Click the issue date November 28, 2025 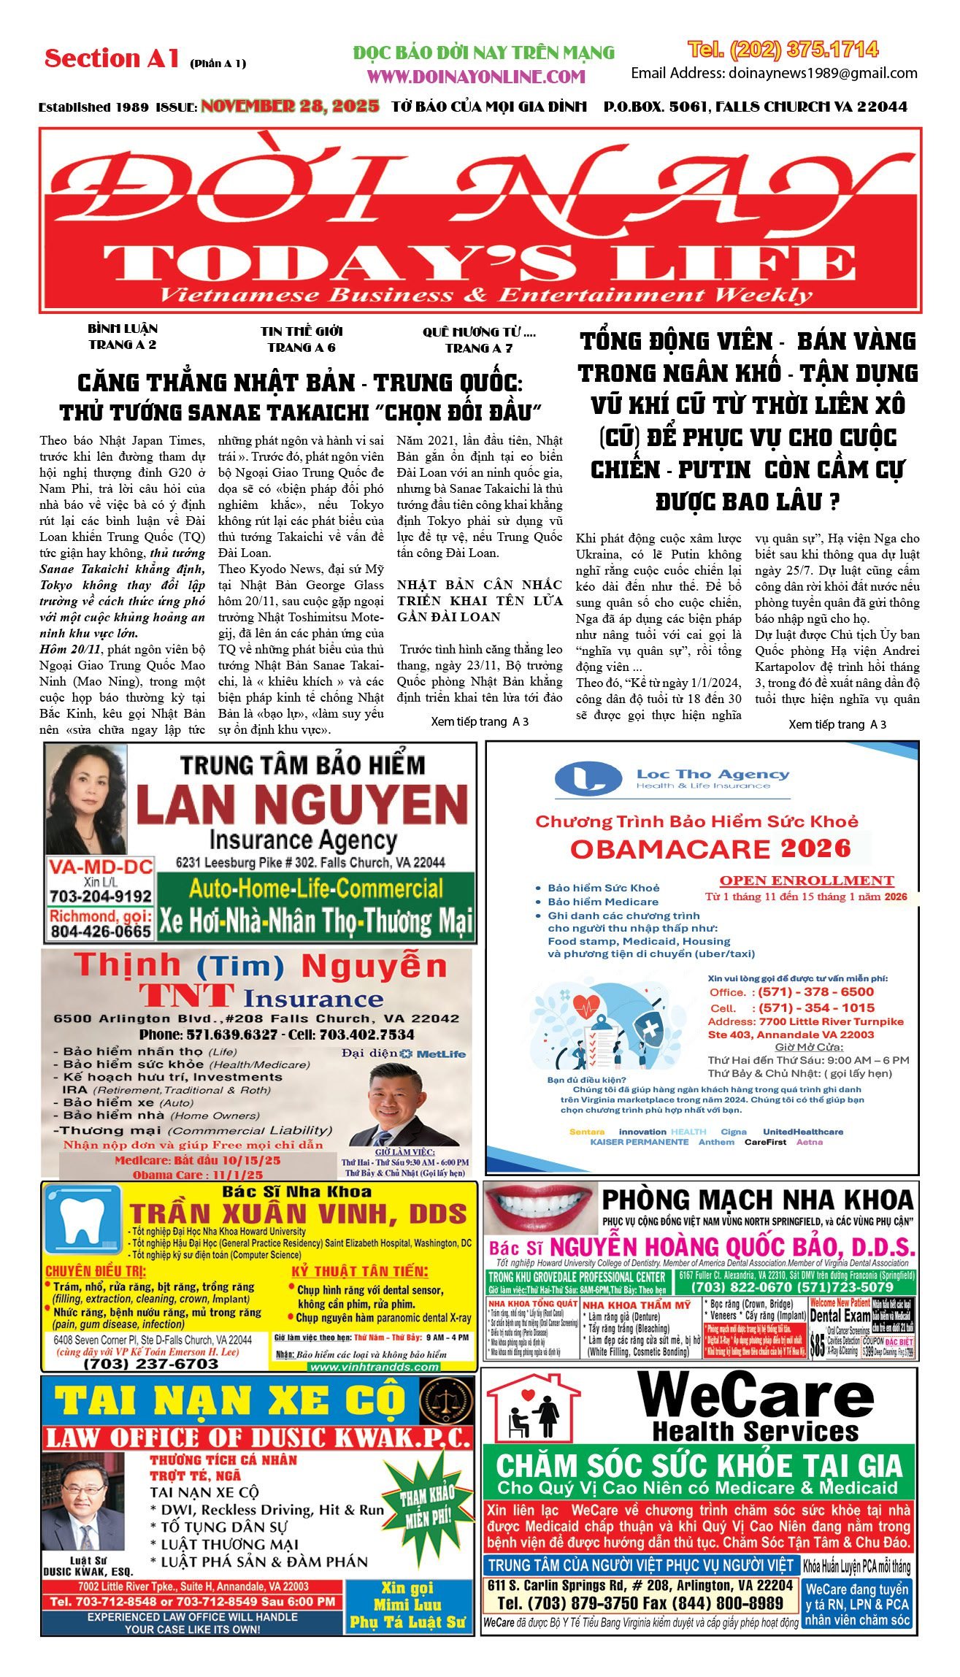(x=290, y=107)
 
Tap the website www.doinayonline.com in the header (x=476, y=77)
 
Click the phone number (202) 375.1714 (x=783, y=50)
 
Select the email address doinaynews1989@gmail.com (x=821, y=73)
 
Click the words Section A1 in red (x=112, y=58)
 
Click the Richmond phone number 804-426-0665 (x=101, y=932)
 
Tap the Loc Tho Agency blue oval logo (x=588, y=779)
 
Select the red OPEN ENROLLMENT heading (x=806, y=880)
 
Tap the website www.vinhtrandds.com (x=374, y=1367)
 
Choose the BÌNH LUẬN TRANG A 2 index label (x=123, y=337)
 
